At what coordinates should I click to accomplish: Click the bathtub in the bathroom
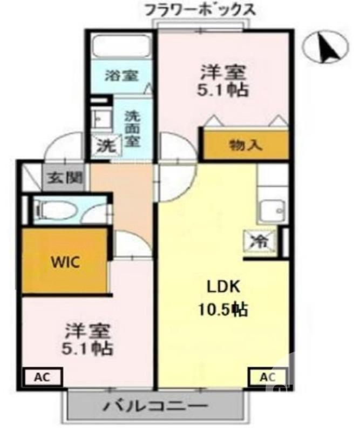pyautogui.click(x=121, y=47)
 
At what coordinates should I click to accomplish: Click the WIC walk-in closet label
pyautogui.click(x=65, y=263)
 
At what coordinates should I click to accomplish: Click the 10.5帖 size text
pyautogui.click(x=221, y=309)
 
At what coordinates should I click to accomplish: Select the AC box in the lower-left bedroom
pyautogui.click(x=43, y=376)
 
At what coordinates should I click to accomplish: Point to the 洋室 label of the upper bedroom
pyautogui.click(x=225, y=71)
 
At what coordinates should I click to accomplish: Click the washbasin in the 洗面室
pyautogui.click(x=99, y=118)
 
